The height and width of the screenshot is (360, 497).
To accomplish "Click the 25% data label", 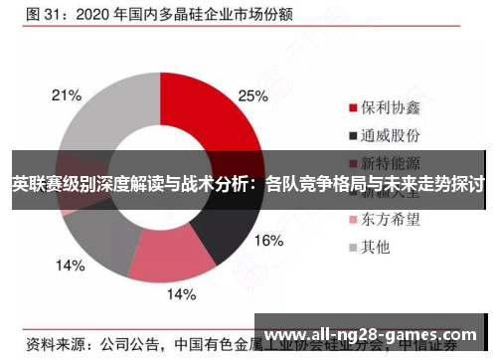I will tap(252, 96).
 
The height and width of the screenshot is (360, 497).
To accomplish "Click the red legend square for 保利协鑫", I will tap(352, 106).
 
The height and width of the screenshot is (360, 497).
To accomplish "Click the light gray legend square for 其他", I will tap(352, 246).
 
